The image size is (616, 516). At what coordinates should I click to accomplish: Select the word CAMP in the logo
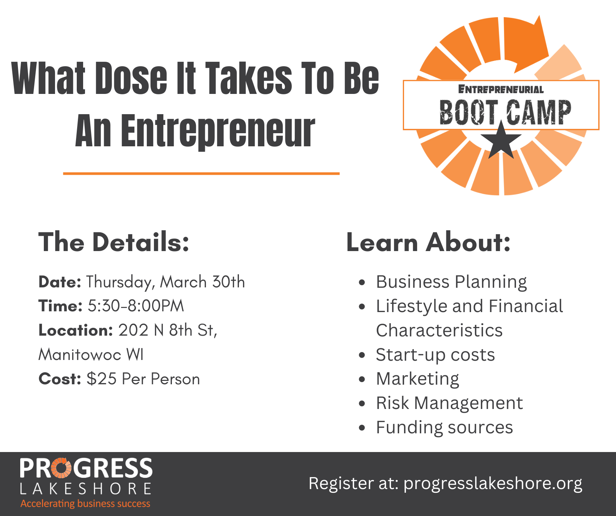[538, 112]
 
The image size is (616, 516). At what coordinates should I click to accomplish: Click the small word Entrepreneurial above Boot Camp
[501, 89]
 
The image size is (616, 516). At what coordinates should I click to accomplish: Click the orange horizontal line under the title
[201, 173]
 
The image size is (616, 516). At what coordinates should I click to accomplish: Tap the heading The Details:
[114, 242]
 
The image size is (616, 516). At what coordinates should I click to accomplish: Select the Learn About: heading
[428, 242]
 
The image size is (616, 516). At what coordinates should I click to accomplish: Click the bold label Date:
[60, 282]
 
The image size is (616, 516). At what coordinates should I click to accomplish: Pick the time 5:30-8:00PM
[136, 306]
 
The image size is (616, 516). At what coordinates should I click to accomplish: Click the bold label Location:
[76, 330]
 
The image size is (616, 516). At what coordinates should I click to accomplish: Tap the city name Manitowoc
[80, 354]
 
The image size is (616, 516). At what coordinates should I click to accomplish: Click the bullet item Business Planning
[451, 282]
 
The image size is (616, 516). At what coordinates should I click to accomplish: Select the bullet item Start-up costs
[435, 355]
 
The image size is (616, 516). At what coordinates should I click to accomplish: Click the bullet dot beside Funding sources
[361, 427]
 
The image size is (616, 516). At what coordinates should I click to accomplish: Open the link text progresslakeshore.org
[493, 483]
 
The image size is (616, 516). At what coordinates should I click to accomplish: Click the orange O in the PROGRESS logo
[61, 468]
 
